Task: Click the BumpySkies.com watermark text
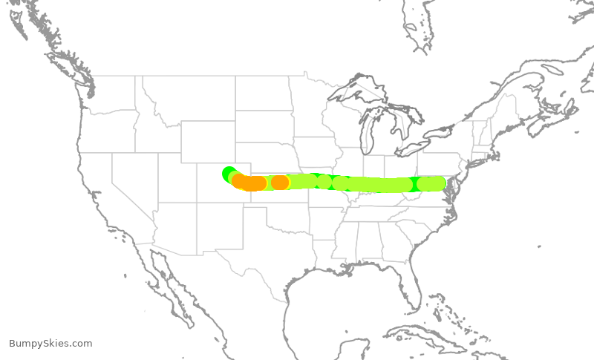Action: tap(50, 343)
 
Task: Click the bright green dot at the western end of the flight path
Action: tap(228, 173)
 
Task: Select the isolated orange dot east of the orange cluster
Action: tap(280, 182)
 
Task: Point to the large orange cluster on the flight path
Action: tap(249, 183)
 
